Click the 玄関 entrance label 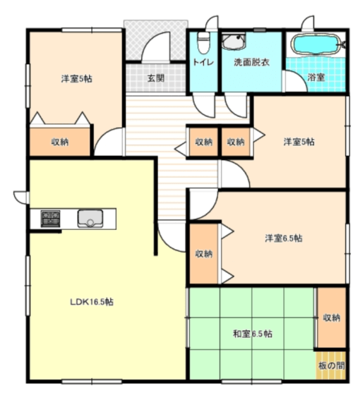point(156,78)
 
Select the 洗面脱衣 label point(251,62)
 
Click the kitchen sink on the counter point(90,218)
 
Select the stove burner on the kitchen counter point(49,218)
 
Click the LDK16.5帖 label point(92,301)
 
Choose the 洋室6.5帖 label point(284,238)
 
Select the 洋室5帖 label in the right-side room point(299,142)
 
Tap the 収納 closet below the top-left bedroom point(60,142)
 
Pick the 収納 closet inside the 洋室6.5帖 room point(203,254)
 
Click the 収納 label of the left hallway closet point(203,142)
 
